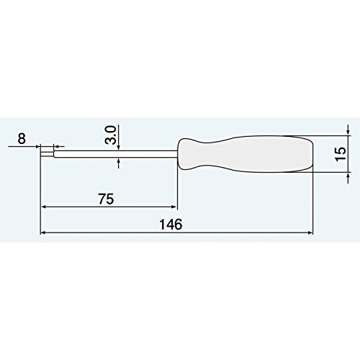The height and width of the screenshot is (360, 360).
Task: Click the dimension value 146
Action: click(x=171, y=224)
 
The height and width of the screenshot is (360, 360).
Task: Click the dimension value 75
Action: click(x=106, y=199)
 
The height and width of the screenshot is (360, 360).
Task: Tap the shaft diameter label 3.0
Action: click(x=111, y=135)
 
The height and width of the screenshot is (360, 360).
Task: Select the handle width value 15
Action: click(x=341, y=154)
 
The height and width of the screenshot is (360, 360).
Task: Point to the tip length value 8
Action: click(x=22, y=138)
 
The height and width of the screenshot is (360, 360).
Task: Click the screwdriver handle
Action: click(x=246, y=154)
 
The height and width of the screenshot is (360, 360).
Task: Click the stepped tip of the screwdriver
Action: click(x=47, y=154)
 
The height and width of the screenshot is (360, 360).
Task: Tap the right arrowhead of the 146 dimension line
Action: click(x=310, y=233)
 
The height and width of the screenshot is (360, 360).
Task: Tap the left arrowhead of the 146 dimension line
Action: click(x=43, y=233)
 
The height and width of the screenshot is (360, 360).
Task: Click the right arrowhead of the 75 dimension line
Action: click(x=174, y=207)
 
